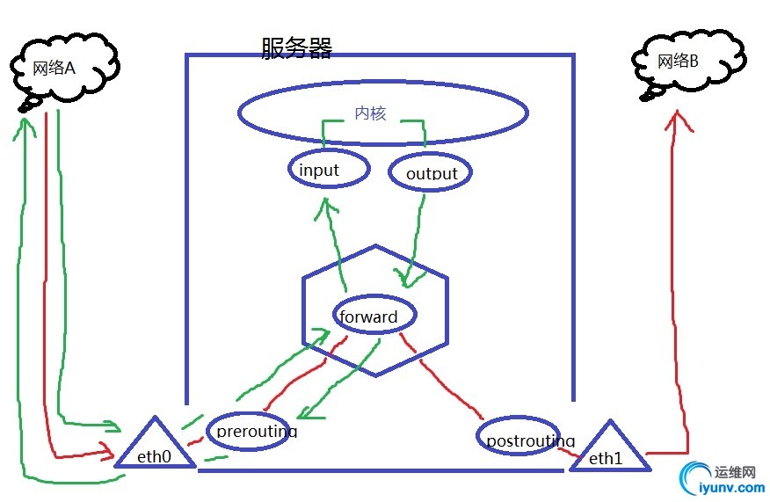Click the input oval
pyautogui.click(x=325, y=170)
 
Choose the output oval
pyautogui.click(x=430, y=172)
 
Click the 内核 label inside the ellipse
pyautogui.click(x=370, y=113)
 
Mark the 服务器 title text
pyautogui.click(x=296, y=47)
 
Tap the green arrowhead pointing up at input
pyautogui.click(x=329, y=205)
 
